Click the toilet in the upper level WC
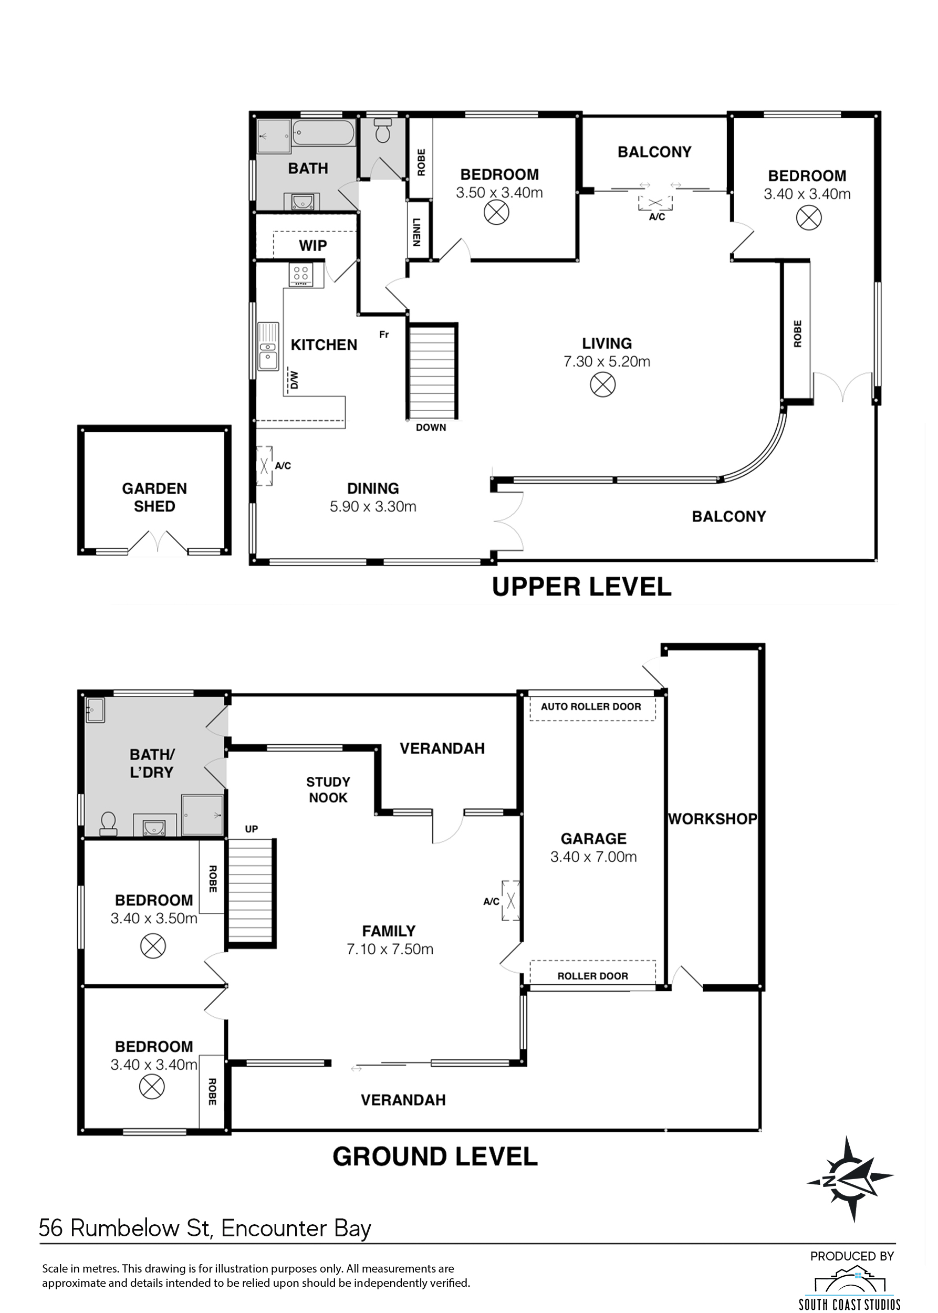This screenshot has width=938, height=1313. [382, 131]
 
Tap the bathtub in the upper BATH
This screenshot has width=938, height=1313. [323, 133]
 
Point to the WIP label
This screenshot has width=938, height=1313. [312, 245]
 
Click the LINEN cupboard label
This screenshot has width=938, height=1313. [417, 231]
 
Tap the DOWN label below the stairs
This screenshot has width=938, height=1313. [431, 428]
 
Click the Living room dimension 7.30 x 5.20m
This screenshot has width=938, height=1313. [607, 362]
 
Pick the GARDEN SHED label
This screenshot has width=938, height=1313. [154, 497]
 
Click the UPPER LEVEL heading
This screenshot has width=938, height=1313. [581, 587]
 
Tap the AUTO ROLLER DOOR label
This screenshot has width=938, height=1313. [590, 706]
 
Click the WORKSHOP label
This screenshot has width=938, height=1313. [712, 819]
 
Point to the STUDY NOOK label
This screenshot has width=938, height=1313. [328, 790]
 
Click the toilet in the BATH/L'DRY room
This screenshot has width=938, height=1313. [109, 825]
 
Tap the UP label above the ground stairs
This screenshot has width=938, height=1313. [251, 829]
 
